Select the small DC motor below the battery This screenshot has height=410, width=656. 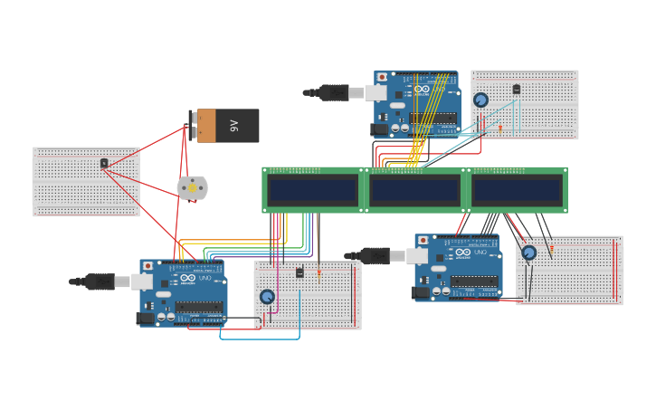pos(192,187)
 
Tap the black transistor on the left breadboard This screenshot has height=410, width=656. pos(104,163)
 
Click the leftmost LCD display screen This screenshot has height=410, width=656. pos(312,190)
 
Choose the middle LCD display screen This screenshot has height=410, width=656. pos(414,190)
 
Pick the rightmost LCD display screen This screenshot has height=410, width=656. pos(517,190)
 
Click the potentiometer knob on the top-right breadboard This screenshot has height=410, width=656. pos(480,100)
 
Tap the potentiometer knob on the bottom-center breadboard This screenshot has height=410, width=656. pos(267,296)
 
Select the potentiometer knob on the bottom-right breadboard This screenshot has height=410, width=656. pos(528,253)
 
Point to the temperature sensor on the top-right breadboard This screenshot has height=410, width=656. pos(517,89)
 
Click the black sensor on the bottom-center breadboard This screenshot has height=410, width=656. pos(299,272)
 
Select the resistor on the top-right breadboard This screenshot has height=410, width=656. pos(500,129)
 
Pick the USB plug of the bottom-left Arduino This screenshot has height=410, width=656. pos(100,281)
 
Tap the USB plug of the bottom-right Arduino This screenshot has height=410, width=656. pos(374,256)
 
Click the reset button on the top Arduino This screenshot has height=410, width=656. pos(382,77)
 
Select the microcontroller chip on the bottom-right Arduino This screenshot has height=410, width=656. pos(474,281)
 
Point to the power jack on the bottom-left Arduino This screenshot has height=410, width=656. pos(146,318)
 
